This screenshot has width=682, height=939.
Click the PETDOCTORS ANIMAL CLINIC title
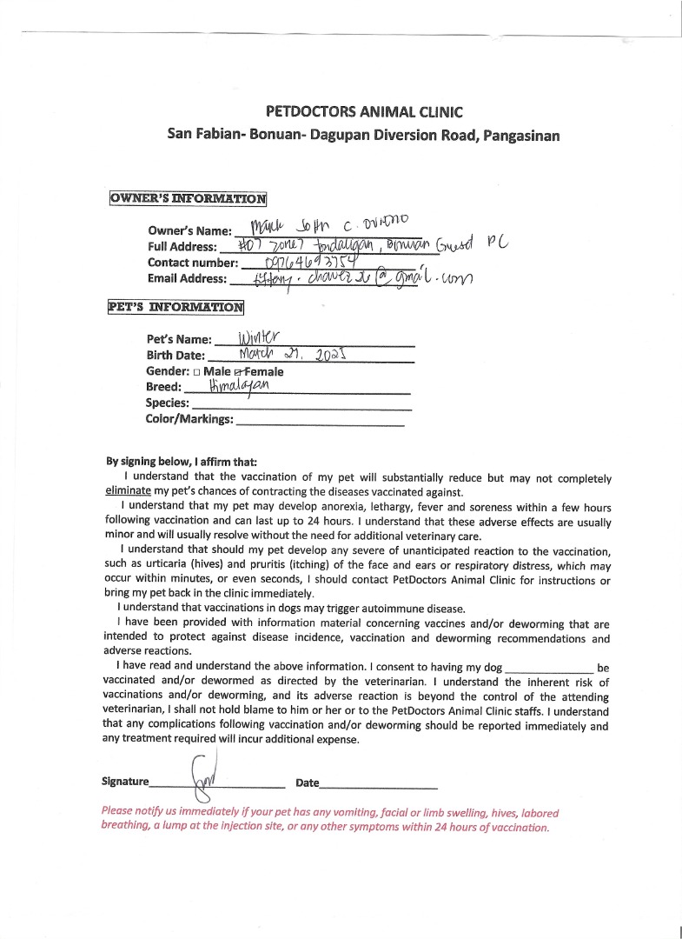pyautogui.click(x=363, y=112)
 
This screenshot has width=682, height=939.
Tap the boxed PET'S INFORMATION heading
pyautogui.click(x=176, y=307)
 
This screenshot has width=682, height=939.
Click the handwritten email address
pyautogui.click(x=348, y=278)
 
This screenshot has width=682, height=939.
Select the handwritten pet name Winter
pyautogui.click(x=250, y=336)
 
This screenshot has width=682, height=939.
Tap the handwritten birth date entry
pyautogui.click(x=291, y=354)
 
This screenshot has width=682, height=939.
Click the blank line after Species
pyautogui.click(x=301, y=403)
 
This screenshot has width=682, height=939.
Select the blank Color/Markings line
pyautogui.click(x=320, y=420)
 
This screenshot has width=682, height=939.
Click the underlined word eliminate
pyautogui.click(x=129, y=490)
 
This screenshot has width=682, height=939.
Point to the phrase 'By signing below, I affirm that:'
pyautogui.click(x=182, y=462)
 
